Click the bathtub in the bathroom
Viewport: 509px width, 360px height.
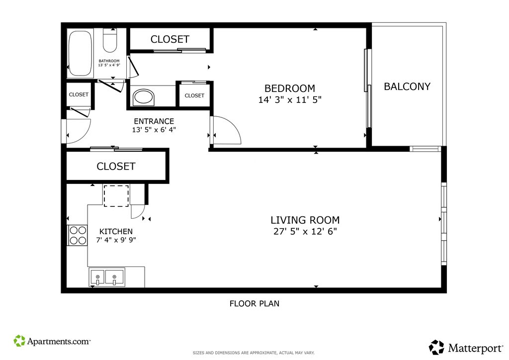(80, 53)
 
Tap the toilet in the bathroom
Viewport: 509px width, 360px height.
(110, 40)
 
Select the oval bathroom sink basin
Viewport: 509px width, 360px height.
(143, 96)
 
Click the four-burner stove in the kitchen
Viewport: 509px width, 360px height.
(78, 235)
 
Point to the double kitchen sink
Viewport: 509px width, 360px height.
(107, 277)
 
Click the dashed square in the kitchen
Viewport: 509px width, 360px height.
(116, 196)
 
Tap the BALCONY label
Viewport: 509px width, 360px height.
(407, 87)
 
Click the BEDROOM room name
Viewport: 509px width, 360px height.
(290, 89)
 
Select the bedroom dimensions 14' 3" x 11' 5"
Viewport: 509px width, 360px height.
(290, 99)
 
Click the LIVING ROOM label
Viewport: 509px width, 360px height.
(305, 220)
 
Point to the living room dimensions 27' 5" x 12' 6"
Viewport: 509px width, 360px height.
(305, 231)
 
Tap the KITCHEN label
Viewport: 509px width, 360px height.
(116, 231)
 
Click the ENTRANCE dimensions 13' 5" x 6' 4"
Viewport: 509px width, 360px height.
(154, 130)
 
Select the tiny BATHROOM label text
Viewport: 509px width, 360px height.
(109, 61)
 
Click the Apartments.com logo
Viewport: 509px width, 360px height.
(52, 341)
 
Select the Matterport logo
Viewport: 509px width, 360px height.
(466, 348)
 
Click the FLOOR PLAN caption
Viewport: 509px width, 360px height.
(254, 303)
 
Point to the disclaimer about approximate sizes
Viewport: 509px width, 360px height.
(254, 353)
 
